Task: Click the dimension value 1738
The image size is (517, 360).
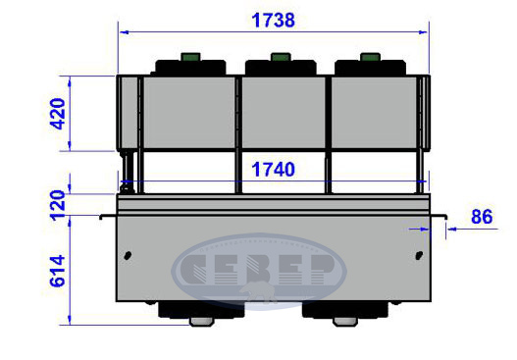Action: click(273, 21)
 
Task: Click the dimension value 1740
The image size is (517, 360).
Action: click(273, 170)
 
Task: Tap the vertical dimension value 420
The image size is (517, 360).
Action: click(57, 114)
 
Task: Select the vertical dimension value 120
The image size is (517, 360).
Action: click(57, 205)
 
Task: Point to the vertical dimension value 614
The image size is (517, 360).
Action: click(57, 271)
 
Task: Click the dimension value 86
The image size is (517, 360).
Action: click(482, 217)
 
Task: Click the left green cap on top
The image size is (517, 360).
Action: click(190, 57)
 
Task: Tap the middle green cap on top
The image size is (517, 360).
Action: click(281, 57)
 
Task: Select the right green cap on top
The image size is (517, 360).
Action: click(370, 57)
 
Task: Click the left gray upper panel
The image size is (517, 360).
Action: click(189, 113)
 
